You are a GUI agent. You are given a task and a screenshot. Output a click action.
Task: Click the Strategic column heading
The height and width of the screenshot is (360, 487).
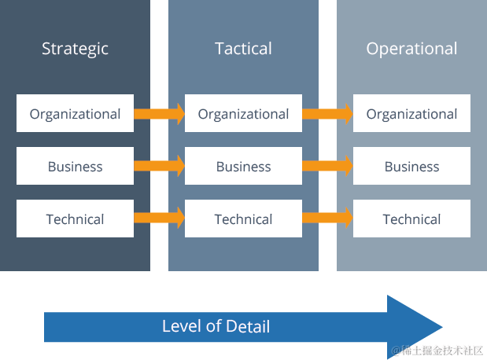tap(75, 49)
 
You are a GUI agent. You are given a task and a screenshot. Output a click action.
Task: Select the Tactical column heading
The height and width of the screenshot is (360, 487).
tap(243, 49)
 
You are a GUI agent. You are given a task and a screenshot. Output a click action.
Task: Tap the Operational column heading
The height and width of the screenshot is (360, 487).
tap(411, 49)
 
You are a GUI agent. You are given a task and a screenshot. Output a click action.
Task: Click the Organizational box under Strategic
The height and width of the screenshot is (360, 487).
tap(75, 114)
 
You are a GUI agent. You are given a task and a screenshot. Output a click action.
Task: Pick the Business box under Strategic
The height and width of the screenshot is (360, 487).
tap(75, 167)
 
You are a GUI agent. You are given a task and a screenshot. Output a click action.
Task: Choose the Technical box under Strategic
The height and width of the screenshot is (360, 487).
tap(75, 219)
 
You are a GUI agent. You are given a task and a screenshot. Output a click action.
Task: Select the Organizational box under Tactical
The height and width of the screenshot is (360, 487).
tap(243, 114)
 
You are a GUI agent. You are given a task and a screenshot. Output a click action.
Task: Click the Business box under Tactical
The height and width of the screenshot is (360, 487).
tap(243, 167)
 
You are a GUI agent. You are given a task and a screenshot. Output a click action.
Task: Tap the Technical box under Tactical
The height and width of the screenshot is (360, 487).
tap(243, 219)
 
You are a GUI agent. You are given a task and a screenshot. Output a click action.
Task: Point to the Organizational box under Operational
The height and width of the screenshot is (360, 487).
tap(411, 114)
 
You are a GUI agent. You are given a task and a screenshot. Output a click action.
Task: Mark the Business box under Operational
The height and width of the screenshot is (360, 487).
tap(411, 167)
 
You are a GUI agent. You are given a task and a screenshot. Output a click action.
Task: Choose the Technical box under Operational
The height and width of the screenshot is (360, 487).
tap(411, 219)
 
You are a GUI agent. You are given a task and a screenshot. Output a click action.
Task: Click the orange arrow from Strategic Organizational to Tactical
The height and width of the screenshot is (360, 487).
tap(159, 114)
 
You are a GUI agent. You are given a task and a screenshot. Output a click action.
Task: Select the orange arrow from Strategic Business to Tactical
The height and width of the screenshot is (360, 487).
tap(159, 167)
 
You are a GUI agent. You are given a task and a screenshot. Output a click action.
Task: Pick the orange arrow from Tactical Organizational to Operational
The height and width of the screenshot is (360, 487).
tap(327, 114)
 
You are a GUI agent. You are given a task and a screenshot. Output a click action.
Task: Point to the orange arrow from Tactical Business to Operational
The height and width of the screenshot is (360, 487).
tap(327, 167)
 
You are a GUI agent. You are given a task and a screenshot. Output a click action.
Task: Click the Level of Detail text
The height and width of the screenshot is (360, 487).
tap(216, 326)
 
